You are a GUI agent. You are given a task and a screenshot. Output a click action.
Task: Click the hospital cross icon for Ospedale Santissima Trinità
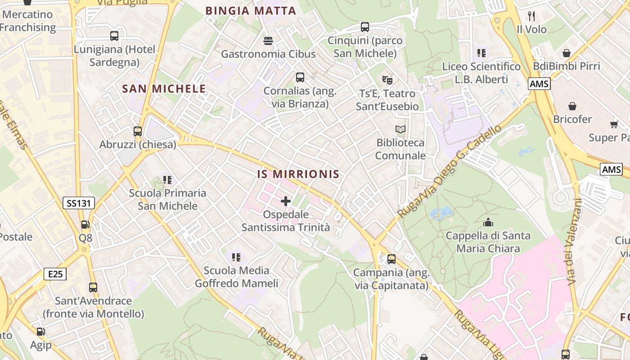(x=285, y=201)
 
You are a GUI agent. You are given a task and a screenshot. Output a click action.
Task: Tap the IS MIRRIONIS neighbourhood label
(x=298, y=174)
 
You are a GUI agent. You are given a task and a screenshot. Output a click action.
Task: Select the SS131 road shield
(x=79, y=203)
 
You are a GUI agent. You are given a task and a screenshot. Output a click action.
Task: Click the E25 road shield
(x=55, y=274)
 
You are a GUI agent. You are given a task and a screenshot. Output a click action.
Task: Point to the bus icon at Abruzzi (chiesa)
(x=138, y=131)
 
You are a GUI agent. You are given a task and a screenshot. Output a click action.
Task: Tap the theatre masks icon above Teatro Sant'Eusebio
(x=387, y=81)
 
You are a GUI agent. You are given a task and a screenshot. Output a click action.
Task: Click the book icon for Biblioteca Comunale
(x=400, y=130)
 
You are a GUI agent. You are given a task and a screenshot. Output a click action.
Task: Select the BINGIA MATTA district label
(x=251, y=11)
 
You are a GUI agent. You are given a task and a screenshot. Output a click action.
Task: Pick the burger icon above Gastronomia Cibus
(x=268, y=41)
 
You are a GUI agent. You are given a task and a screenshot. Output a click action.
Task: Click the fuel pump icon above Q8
(x=85, y=224)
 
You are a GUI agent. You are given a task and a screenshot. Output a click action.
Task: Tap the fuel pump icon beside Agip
(x=40, y=332)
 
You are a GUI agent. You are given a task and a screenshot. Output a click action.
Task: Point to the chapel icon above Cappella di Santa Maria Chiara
(x=488, y=222)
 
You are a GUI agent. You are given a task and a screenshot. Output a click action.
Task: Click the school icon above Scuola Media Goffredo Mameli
(x=236, y=257)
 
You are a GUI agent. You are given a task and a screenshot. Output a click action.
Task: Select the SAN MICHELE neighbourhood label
(x=164, y=89)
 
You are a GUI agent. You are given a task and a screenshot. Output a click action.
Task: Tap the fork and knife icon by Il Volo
(x=531, y=16)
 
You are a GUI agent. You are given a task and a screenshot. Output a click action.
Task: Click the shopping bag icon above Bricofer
(x=572, y=106)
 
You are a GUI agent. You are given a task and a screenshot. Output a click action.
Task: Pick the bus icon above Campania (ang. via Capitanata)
(x=391, y=259)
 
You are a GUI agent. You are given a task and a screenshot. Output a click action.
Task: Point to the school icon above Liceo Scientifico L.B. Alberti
(x=481, y=53)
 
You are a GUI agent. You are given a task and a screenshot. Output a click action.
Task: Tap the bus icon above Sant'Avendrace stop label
(x=93, y=287)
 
